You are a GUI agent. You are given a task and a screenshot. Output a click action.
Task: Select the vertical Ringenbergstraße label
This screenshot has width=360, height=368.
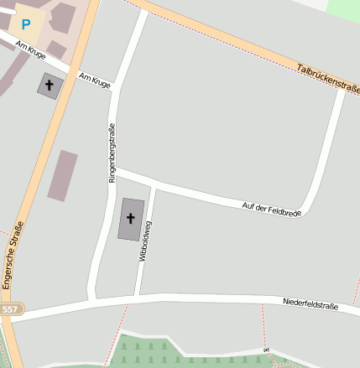coord(111,153)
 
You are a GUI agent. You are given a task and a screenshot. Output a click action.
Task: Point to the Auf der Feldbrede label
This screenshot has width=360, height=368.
coord(271,209)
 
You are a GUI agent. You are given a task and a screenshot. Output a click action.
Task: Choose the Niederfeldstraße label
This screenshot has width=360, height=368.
coord(310,305)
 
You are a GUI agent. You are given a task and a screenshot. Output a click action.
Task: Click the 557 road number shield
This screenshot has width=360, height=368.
coord(9,310)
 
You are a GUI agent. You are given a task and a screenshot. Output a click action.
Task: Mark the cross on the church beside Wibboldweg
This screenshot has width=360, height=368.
coord(130,218)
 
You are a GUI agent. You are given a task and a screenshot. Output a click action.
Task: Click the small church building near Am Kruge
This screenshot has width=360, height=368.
coord(49,85)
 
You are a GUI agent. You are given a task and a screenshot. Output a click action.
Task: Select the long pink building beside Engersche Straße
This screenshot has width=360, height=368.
coord(62,175)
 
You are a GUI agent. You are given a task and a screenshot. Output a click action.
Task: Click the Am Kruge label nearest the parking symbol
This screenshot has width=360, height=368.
coord(31,51)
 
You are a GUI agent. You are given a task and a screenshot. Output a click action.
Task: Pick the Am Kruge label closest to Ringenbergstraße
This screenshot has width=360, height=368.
coord(94,80)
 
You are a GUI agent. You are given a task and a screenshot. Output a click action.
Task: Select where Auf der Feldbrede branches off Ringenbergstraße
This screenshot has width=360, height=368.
coord(114,170)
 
